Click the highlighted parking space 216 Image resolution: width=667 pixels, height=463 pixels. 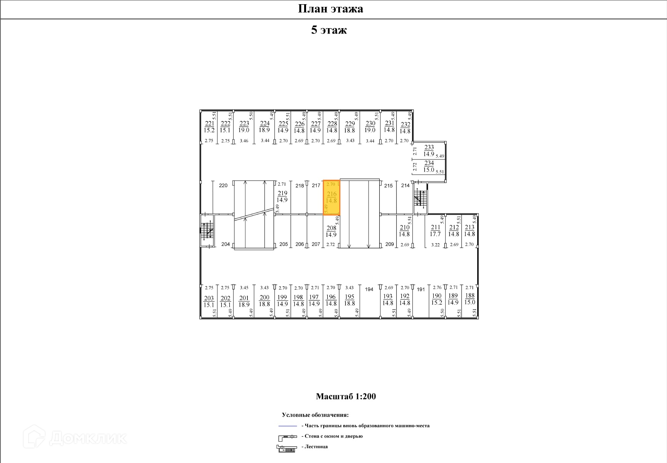tap(331, 198)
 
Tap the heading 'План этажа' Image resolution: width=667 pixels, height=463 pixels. tap(330, 9)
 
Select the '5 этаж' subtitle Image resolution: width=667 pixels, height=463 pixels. tap(329, 30)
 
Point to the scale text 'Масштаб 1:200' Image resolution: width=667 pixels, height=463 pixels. tap(346, 396)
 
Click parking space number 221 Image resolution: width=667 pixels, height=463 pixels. tap(209, 123)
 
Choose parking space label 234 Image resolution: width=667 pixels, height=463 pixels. tap(429, 163)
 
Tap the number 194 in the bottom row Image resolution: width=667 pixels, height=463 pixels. tap(369, 289)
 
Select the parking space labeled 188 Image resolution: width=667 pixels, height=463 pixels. tap(470, 295)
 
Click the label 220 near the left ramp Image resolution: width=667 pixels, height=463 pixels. tap(223, 185)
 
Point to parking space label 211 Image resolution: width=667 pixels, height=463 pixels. tap(435, 227)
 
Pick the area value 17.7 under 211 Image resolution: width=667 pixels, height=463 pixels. tap(435, 234)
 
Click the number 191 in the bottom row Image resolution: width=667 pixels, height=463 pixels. tap(420, 289)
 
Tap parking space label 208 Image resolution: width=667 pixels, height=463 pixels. tap(331, 228)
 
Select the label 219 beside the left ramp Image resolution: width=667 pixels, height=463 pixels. tap(282, 193)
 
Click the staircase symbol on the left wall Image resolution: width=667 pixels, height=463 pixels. tap(207, 230)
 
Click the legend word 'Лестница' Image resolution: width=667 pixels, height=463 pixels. tap(316, 447)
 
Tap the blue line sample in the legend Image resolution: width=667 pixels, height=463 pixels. tap(287, 426)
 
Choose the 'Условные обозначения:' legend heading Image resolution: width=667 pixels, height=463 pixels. tap(315, 415)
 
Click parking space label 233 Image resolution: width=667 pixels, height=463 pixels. tap(429, 147)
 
